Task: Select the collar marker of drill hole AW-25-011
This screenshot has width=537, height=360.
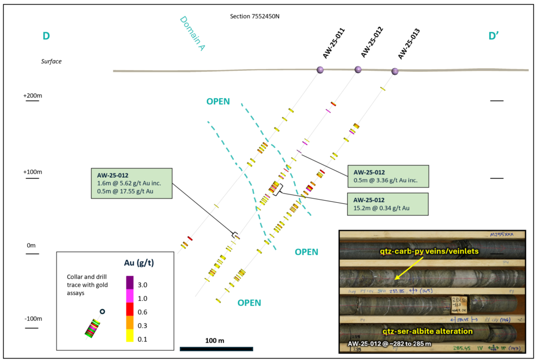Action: pos(320,70)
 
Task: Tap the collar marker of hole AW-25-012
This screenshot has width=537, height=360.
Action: pos(358,69)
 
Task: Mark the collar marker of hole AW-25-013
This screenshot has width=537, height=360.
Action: pos(395,71)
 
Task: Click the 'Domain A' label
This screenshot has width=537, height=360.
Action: pos(192,33)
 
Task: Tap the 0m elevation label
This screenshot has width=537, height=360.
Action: pos(31,245)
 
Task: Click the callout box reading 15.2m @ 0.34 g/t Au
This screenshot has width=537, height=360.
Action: pos(388,204)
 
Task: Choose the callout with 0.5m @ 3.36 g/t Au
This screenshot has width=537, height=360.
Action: pos(388,177)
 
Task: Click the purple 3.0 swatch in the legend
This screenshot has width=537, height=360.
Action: pos(130,283)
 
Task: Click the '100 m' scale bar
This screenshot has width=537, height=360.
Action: pos(216,348)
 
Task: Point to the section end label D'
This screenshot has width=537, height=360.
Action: pos(493,36)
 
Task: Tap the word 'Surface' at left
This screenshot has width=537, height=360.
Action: pos(51,61)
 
